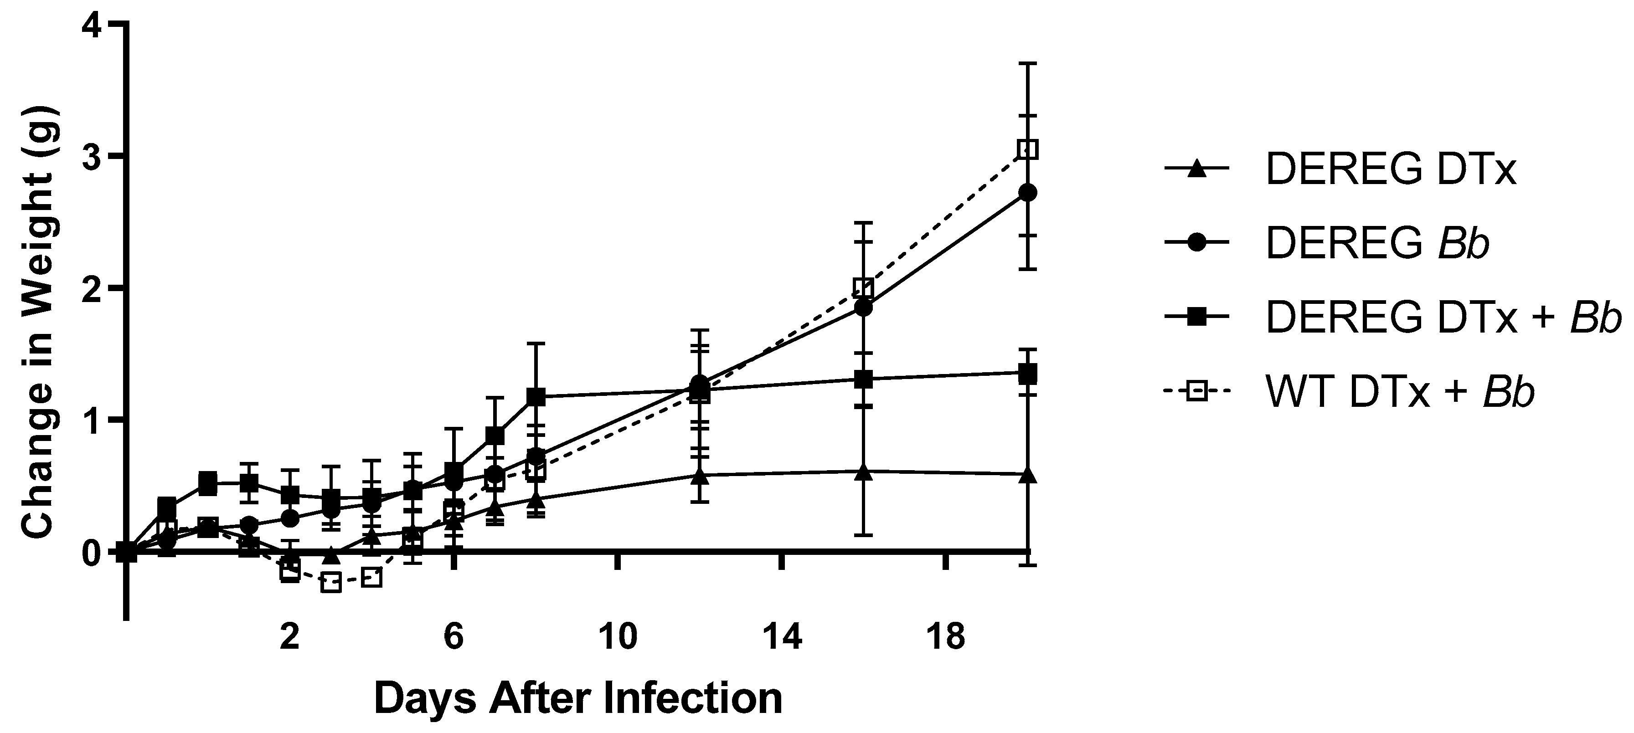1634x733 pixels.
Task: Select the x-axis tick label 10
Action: coord(619,636)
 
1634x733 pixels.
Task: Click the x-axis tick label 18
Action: coord(945,636)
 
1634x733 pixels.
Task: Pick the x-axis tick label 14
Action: coord(782,636)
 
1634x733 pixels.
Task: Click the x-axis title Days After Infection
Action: coord(578,698)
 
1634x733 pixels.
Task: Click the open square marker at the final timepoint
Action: coord(1027,149)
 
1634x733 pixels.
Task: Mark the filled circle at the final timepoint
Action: coord(1027,192)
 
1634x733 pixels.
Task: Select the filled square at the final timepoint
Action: coord(1027,374)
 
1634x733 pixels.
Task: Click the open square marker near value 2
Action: coord(863,288)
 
